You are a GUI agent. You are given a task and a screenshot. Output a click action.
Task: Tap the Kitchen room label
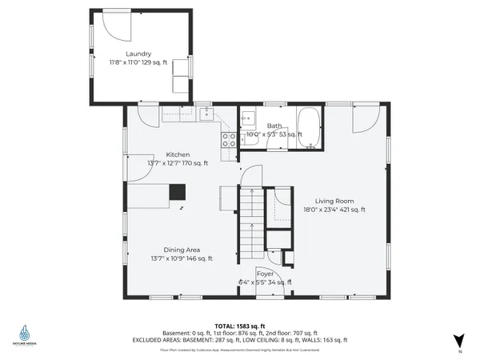(x=178, y=154)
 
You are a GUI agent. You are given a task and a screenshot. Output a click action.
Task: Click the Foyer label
(x=265, y=274)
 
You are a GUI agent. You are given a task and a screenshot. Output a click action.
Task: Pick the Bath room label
(x=274, y=126)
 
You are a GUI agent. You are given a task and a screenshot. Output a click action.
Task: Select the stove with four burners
(x=229, y=140)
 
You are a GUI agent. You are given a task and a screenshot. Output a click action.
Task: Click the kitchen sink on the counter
(x=206, y=114)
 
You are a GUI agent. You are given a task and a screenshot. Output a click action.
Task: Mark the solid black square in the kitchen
(x=177, y=192)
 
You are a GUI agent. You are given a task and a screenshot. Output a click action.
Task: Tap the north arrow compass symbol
(x=458, y=339)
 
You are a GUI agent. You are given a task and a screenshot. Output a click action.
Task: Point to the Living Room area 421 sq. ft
(x=350, y=210)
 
